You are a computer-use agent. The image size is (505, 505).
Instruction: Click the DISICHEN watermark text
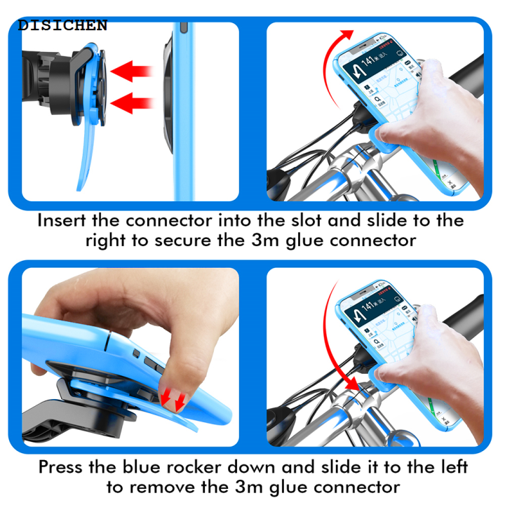click(x=63, y=26)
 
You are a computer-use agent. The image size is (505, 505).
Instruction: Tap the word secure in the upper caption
click(x=198, y=241)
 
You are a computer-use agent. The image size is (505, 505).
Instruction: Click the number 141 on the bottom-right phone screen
click(x=371, y=307)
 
